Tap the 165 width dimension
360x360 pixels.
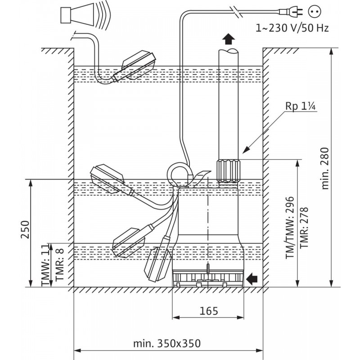[209, 310]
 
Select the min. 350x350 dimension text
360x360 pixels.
[166, 343]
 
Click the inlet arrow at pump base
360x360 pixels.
[252, 279]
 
